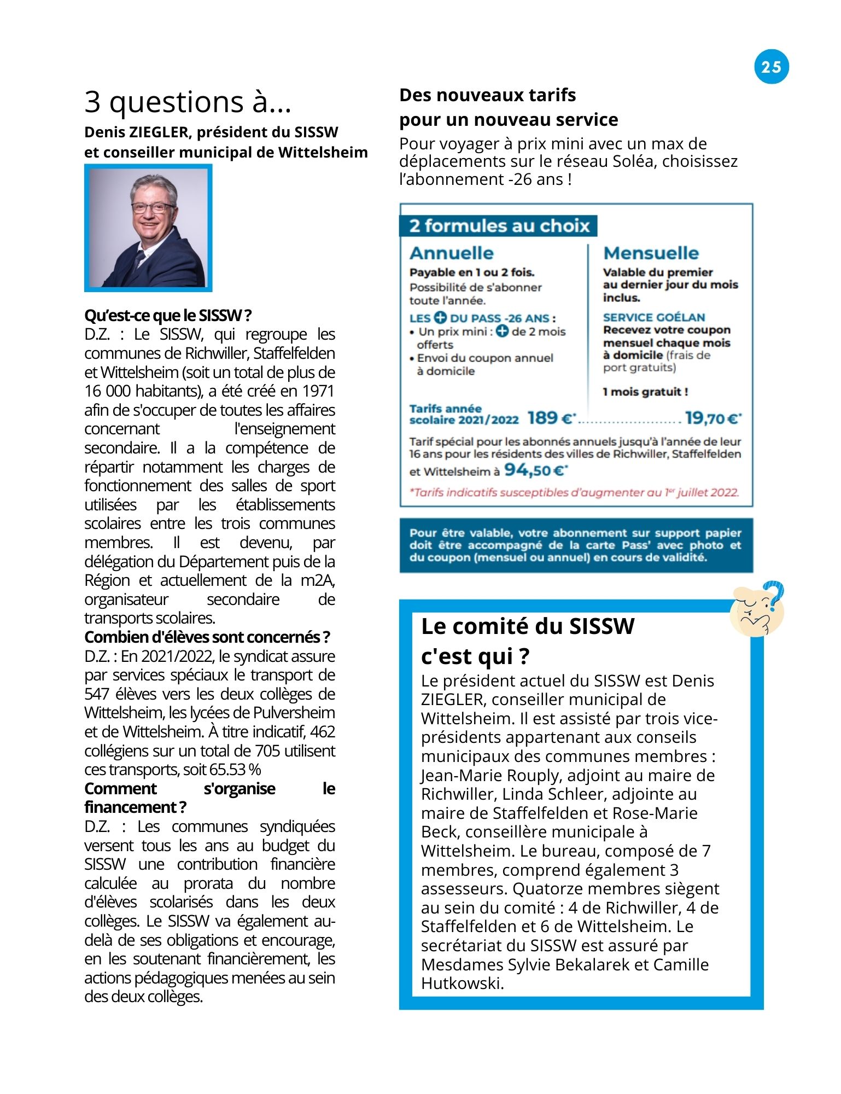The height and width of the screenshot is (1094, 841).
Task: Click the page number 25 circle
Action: coord(771,67)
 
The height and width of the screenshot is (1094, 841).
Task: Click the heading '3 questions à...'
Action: coord(188,102)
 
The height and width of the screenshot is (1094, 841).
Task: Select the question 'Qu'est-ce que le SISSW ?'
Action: coord(168,316)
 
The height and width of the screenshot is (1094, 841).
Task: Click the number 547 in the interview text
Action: coord(97,694)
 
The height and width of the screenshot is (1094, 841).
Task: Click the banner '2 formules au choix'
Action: coord(499,226)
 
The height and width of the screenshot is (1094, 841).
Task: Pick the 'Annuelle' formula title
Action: coord(451,253)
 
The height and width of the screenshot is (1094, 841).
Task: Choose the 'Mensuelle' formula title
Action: coord(651,253)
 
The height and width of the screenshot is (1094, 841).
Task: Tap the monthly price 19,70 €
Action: coord(712,418)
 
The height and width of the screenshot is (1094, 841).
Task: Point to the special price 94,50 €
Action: coord(535,470)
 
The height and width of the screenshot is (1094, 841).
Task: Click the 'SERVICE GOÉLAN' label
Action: coord(653,317)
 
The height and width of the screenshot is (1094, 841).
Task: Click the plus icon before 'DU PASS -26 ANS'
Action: coord(440,318)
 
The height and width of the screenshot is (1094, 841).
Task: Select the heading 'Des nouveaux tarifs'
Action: coord(487,95)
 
